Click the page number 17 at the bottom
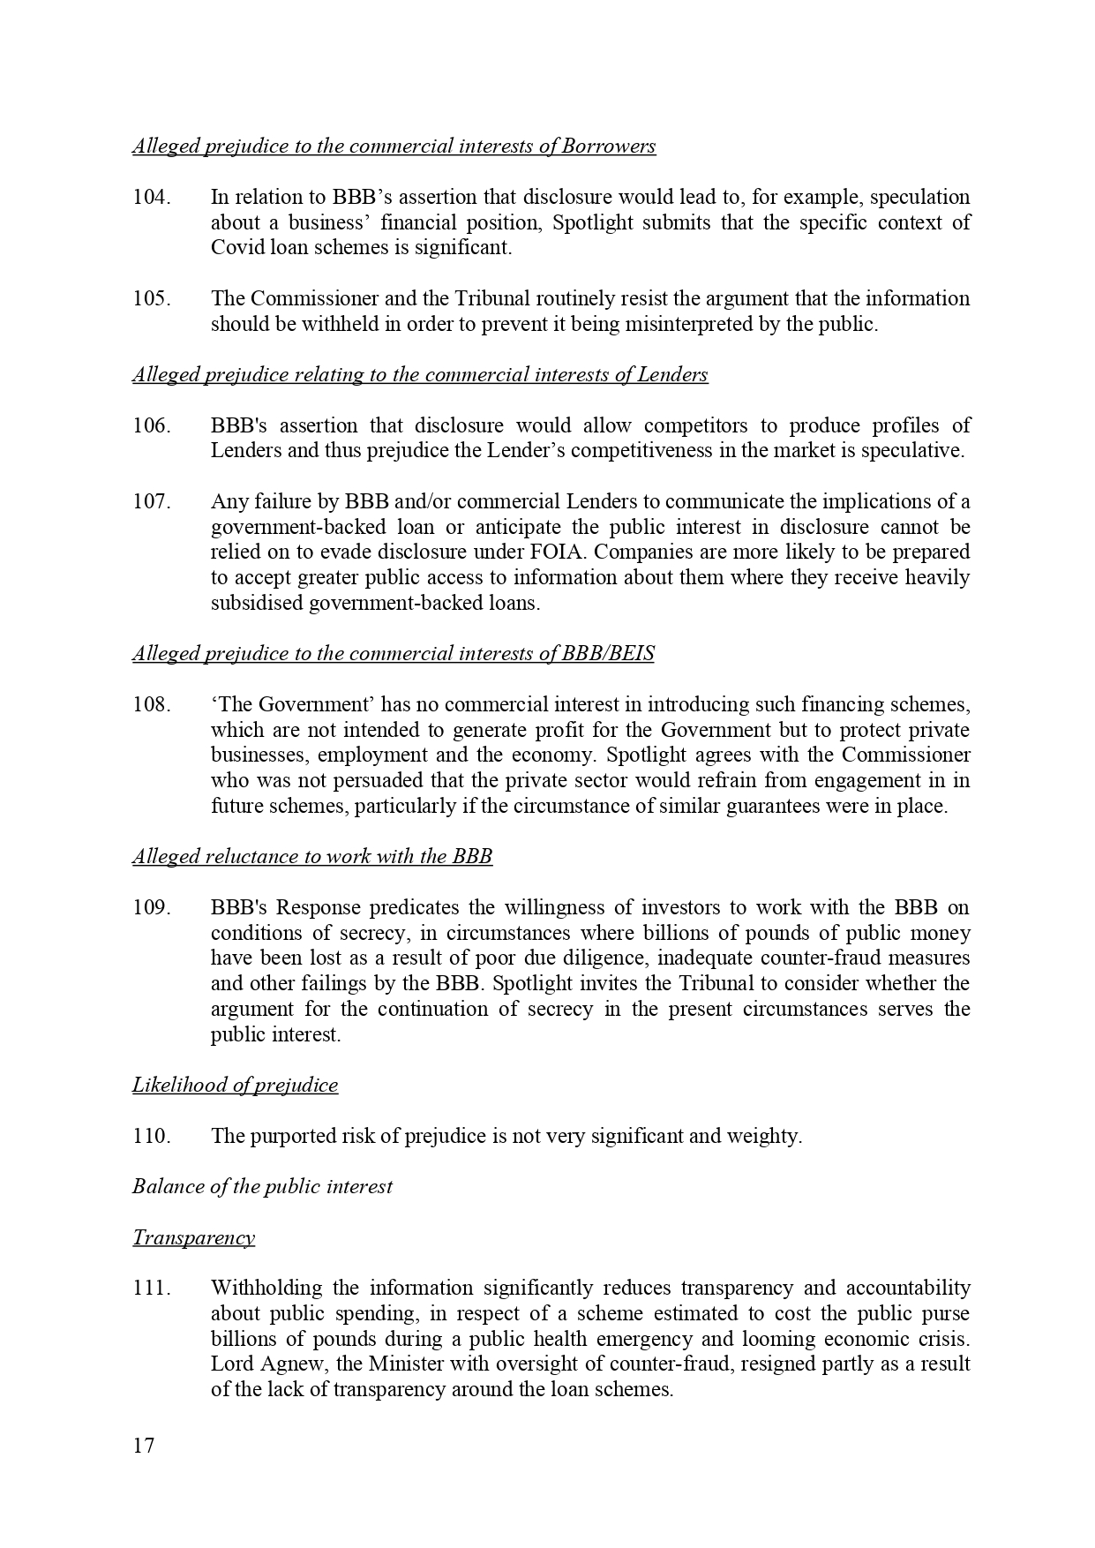coord(143,1446)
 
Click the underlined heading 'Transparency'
coord(193,1237)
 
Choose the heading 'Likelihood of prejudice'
coord(235,1085)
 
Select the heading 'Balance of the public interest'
coord(262,1186)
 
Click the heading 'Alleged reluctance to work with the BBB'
coord(311,856)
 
